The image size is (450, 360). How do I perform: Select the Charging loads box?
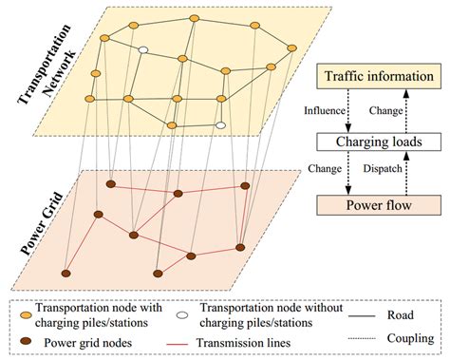380,141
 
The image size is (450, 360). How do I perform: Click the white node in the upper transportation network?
143,49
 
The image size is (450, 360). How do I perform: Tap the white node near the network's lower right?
220,123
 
